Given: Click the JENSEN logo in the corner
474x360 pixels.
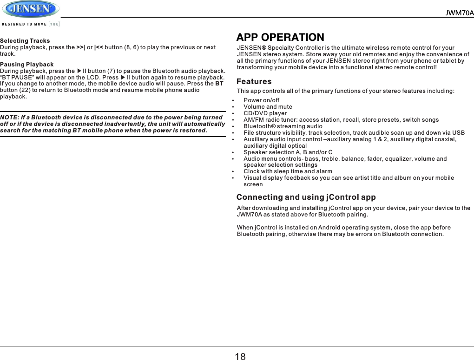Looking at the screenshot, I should point(31,9).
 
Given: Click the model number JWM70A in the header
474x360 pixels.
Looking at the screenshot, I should point(459,13).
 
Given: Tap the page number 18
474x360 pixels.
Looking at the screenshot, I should point(240,356).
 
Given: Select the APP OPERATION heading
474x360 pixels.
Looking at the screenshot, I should point(280,37).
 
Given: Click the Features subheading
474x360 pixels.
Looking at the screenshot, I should point(254,82).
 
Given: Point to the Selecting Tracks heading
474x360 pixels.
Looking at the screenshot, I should point(25,41).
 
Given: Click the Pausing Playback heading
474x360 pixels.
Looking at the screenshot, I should point(27,64).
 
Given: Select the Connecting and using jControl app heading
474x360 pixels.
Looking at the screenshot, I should point(306,197).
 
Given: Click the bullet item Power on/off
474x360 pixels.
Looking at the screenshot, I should point(262,100).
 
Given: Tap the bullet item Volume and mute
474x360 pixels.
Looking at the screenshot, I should point(268,106).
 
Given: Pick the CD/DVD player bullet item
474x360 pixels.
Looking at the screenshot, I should point(265,113).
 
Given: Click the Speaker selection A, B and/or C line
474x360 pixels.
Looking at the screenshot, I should point(288,152).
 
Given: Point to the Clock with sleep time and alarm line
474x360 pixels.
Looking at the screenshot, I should point(288,171).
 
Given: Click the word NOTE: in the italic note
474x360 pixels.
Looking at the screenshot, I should point(11,117).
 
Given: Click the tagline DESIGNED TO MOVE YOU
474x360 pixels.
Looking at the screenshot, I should point(31,24).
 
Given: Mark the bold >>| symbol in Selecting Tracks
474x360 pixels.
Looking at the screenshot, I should point(81,47).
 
